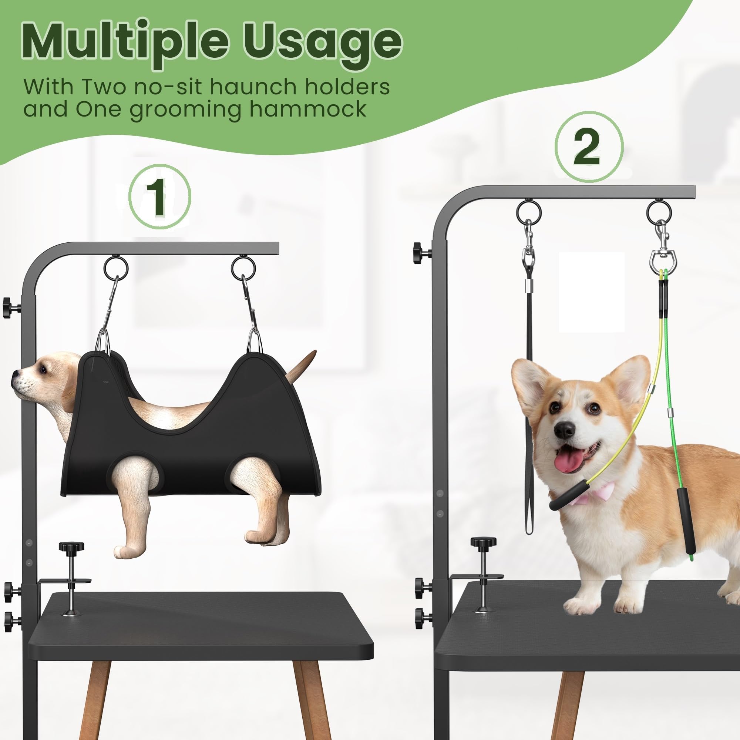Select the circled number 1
159,198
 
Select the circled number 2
588,146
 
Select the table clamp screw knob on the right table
483,542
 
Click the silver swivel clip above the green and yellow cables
663,257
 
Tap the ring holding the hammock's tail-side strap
243,268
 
